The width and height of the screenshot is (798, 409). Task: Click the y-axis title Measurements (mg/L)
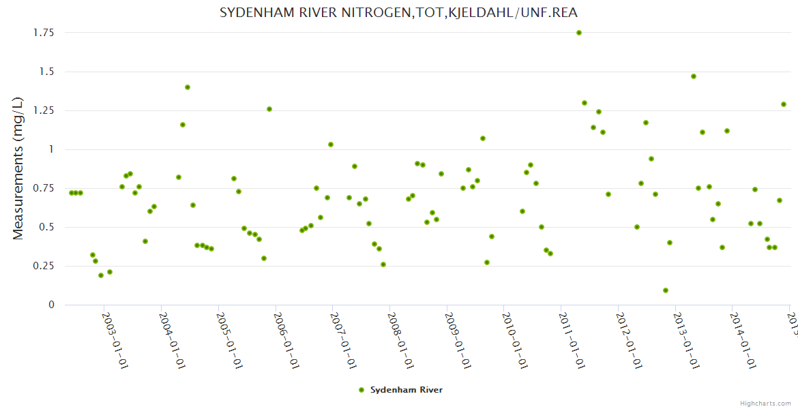tap(18, 168)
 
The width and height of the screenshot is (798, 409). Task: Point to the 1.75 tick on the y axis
tap(44, 33)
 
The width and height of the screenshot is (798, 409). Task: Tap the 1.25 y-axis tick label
tap(44, 110)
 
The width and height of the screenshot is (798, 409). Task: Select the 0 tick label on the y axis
tap(50, 305)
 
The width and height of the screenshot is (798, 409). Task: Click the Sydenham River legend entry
tap(401, 390)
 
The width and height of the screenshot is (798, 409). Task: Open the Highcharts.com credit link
tap(766, 403)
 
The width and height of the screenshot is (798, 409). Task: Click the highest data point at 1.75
tap(579, 33)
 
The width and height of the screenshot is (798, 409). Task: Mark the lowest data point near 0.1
tap(666, 290)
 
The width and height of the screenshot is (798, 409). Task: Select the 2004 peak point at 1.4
tap(188, 87)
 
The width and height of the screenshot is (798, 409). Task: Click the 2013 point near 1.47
tap(694, 76)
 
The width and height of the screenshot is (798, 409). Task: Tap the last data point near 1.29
tap(784, 104)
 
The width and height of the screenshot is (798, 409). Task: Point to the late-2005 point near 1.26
tap(269, 109)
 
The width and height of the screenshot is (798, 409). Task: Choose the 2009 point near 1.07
tap(483, 138)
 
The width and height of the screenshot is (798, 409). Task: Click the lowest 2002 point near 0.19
tap(101, 275)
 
